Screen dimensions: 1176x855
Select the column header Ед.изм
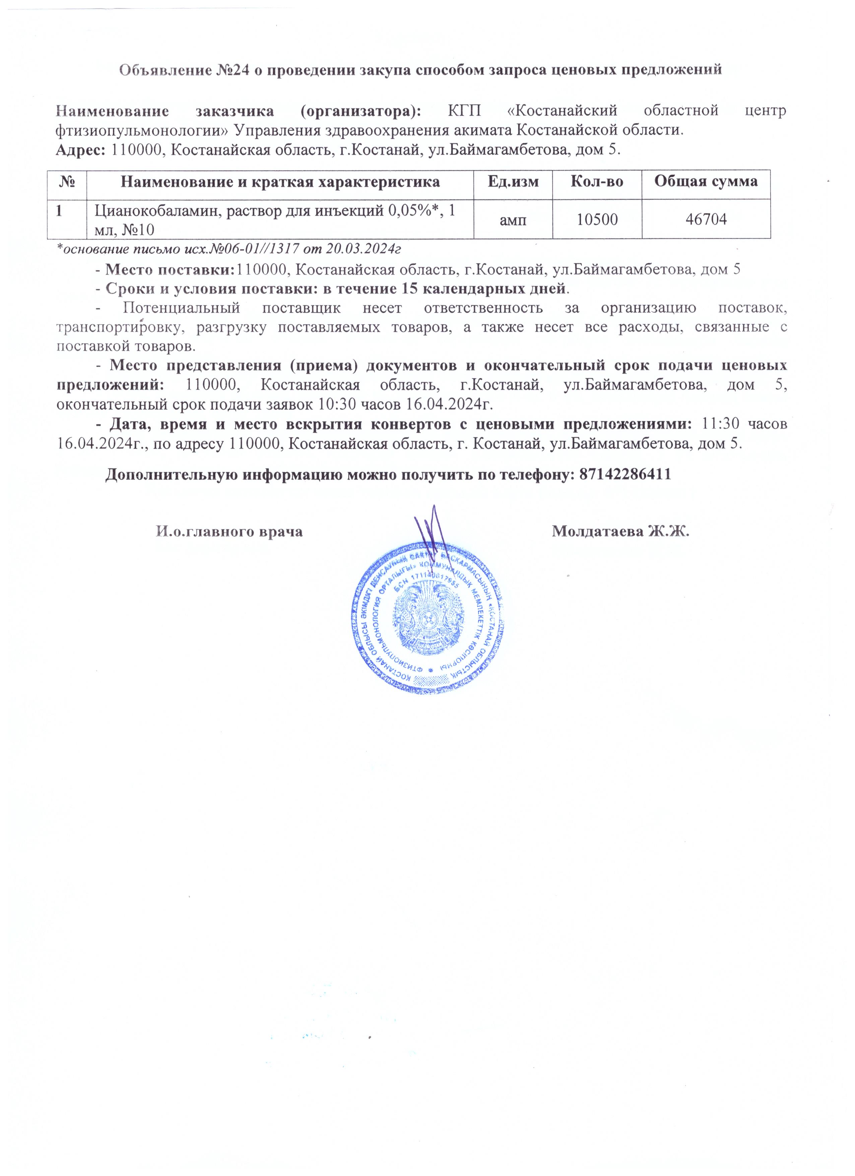tap(513, 182)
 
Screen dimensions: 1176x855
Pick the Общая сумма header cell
tap(706, 182)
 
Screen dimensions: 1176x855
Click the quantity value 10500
tap(597, 219)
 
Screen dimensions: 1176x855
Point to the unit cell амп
tap(513, 219)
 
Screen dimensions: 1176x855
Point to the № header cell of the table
tap(66, 182)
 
